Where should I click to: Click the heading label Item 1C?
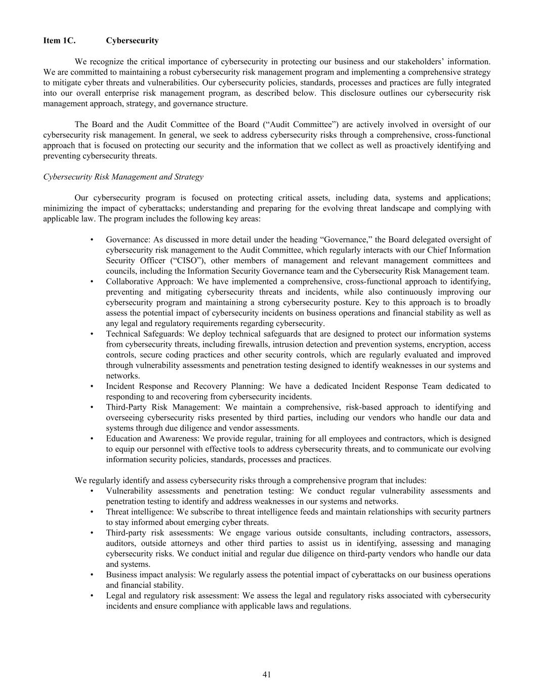[x=59, y=40]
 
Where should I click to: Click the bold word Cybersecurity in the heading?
[x=132, y=40]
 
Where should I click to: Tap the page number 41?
[x=267, y=674]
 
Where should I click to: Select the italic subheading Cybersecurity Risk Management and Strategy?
[x=123, y=177]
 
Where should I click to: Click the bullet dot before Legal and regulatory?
[x=92, y=596]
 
